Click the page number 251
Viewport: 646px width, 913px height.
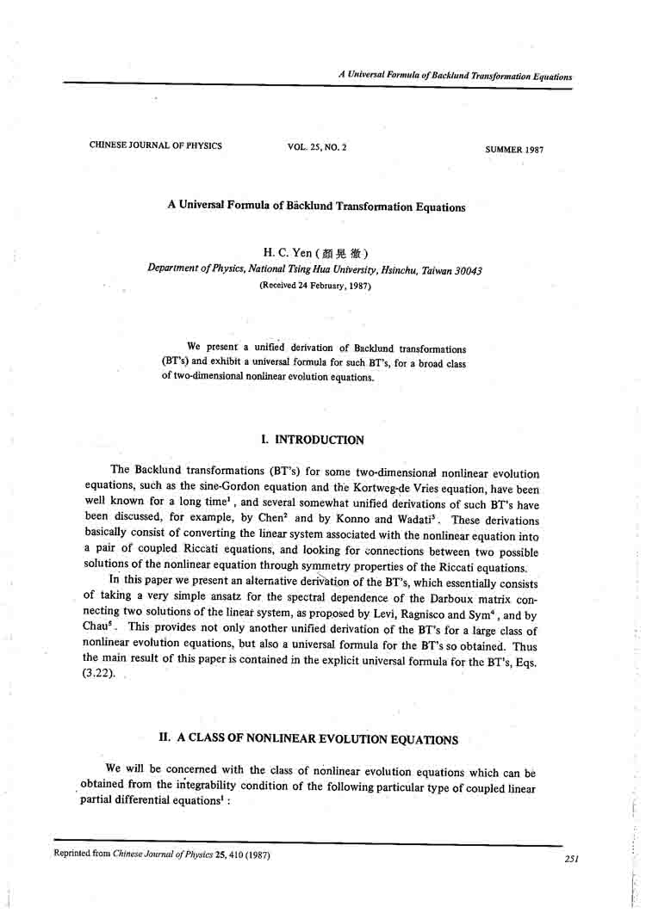tap(570, 859)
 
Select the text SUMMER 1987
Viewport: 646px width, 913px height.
tap(514, 149)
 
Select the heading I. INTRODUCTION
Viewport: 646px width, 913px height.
tap(312, 440)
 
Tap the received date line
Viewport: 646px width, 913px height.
tap(314, 286)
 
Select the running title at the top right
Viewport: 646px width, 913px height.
tap(455, 77)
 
